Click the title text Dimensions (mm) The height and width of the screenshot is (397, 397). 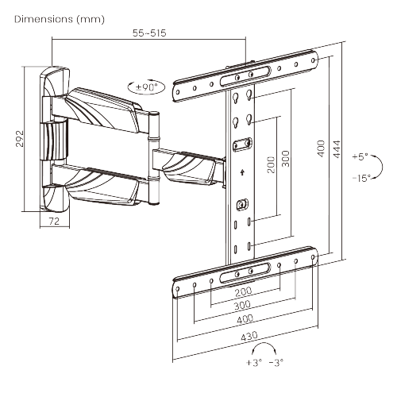tap(60, 17)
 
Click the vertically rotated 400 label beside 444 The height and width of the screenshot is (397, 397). tap(321, 149)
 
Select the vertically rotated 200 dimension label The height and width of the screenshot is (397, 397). tap(271, 164)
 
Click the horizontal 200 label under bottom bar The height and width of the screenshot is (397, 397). tap(245, 292)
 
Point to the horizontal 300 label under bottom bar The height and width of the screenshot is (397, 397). tap(245, 305)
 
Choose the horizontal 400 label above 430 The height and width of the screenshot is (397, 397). tap(245, 318)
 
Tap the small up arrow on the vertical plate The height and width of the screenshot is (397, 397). tap(241, 171)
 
